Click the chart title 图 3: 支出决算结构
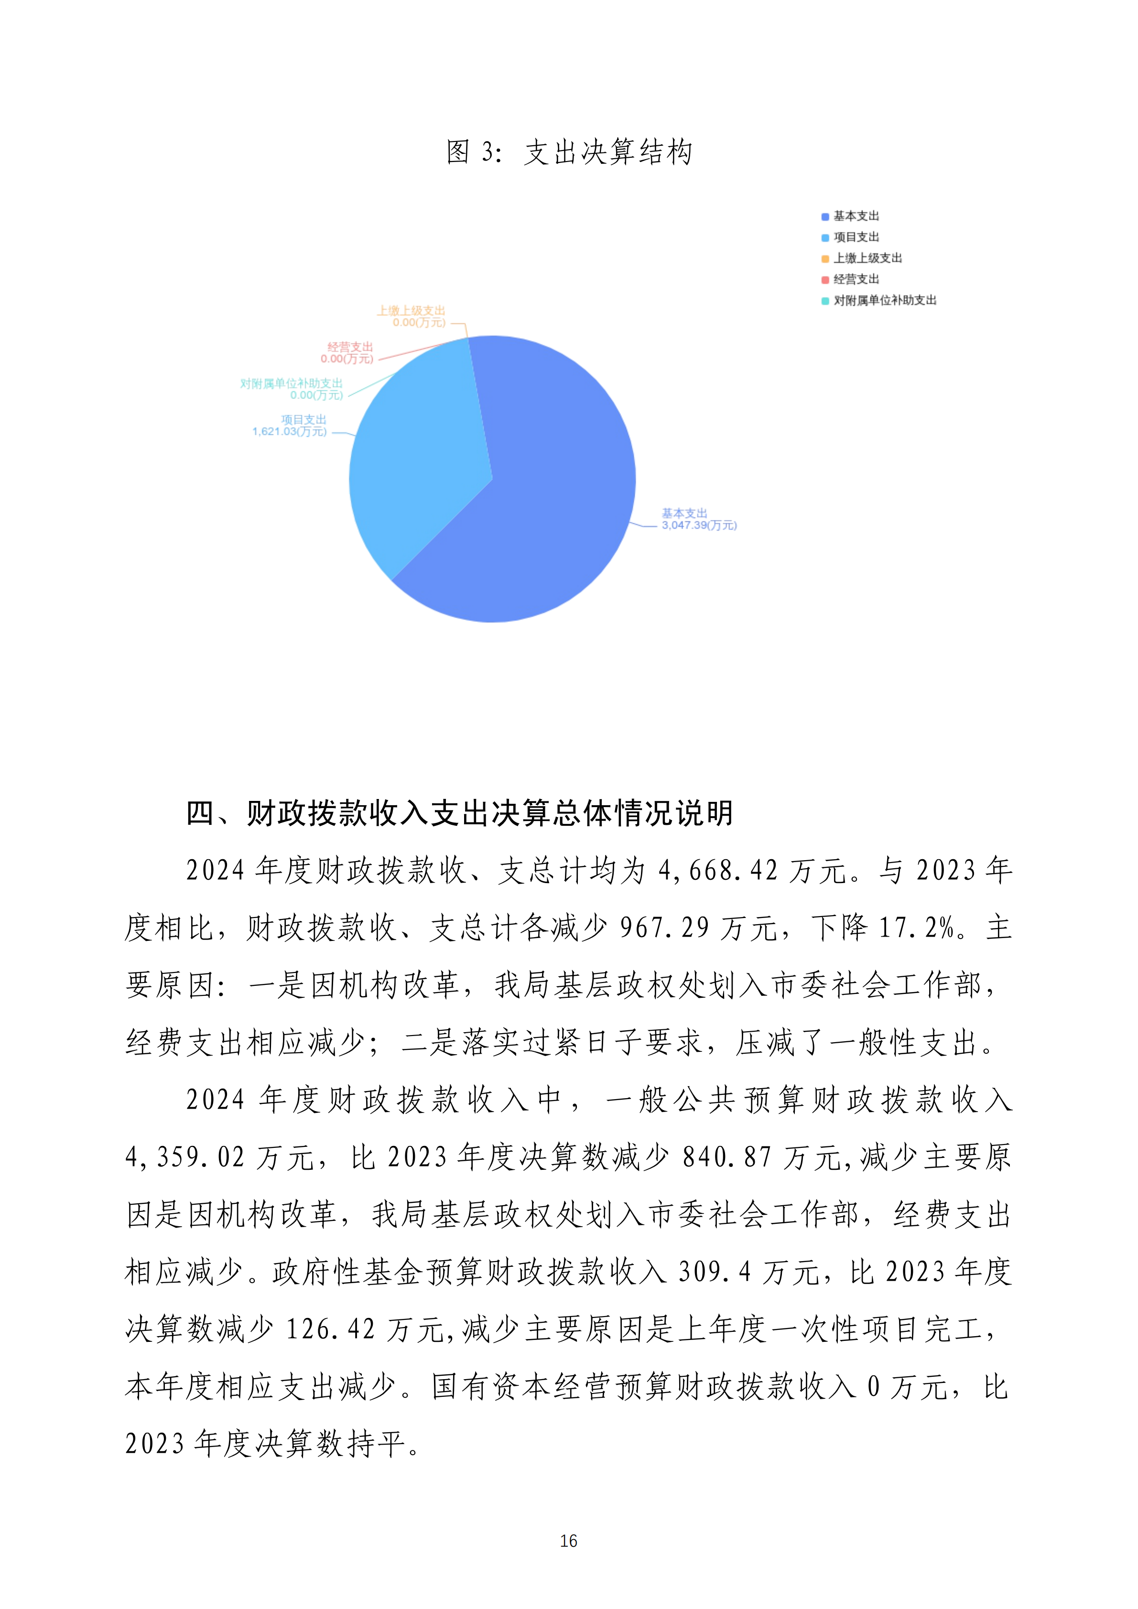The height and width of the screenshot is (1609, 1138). [x=569, y=152]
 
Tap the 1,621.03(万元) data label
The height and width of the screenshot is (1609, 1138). [x=290, y=432]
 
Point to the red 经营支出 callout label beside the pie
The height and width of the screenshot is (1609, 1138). [x=348, y=353]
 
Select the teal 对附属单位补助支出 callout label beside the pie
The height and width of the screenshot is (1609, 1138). [x=292, y=389]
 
